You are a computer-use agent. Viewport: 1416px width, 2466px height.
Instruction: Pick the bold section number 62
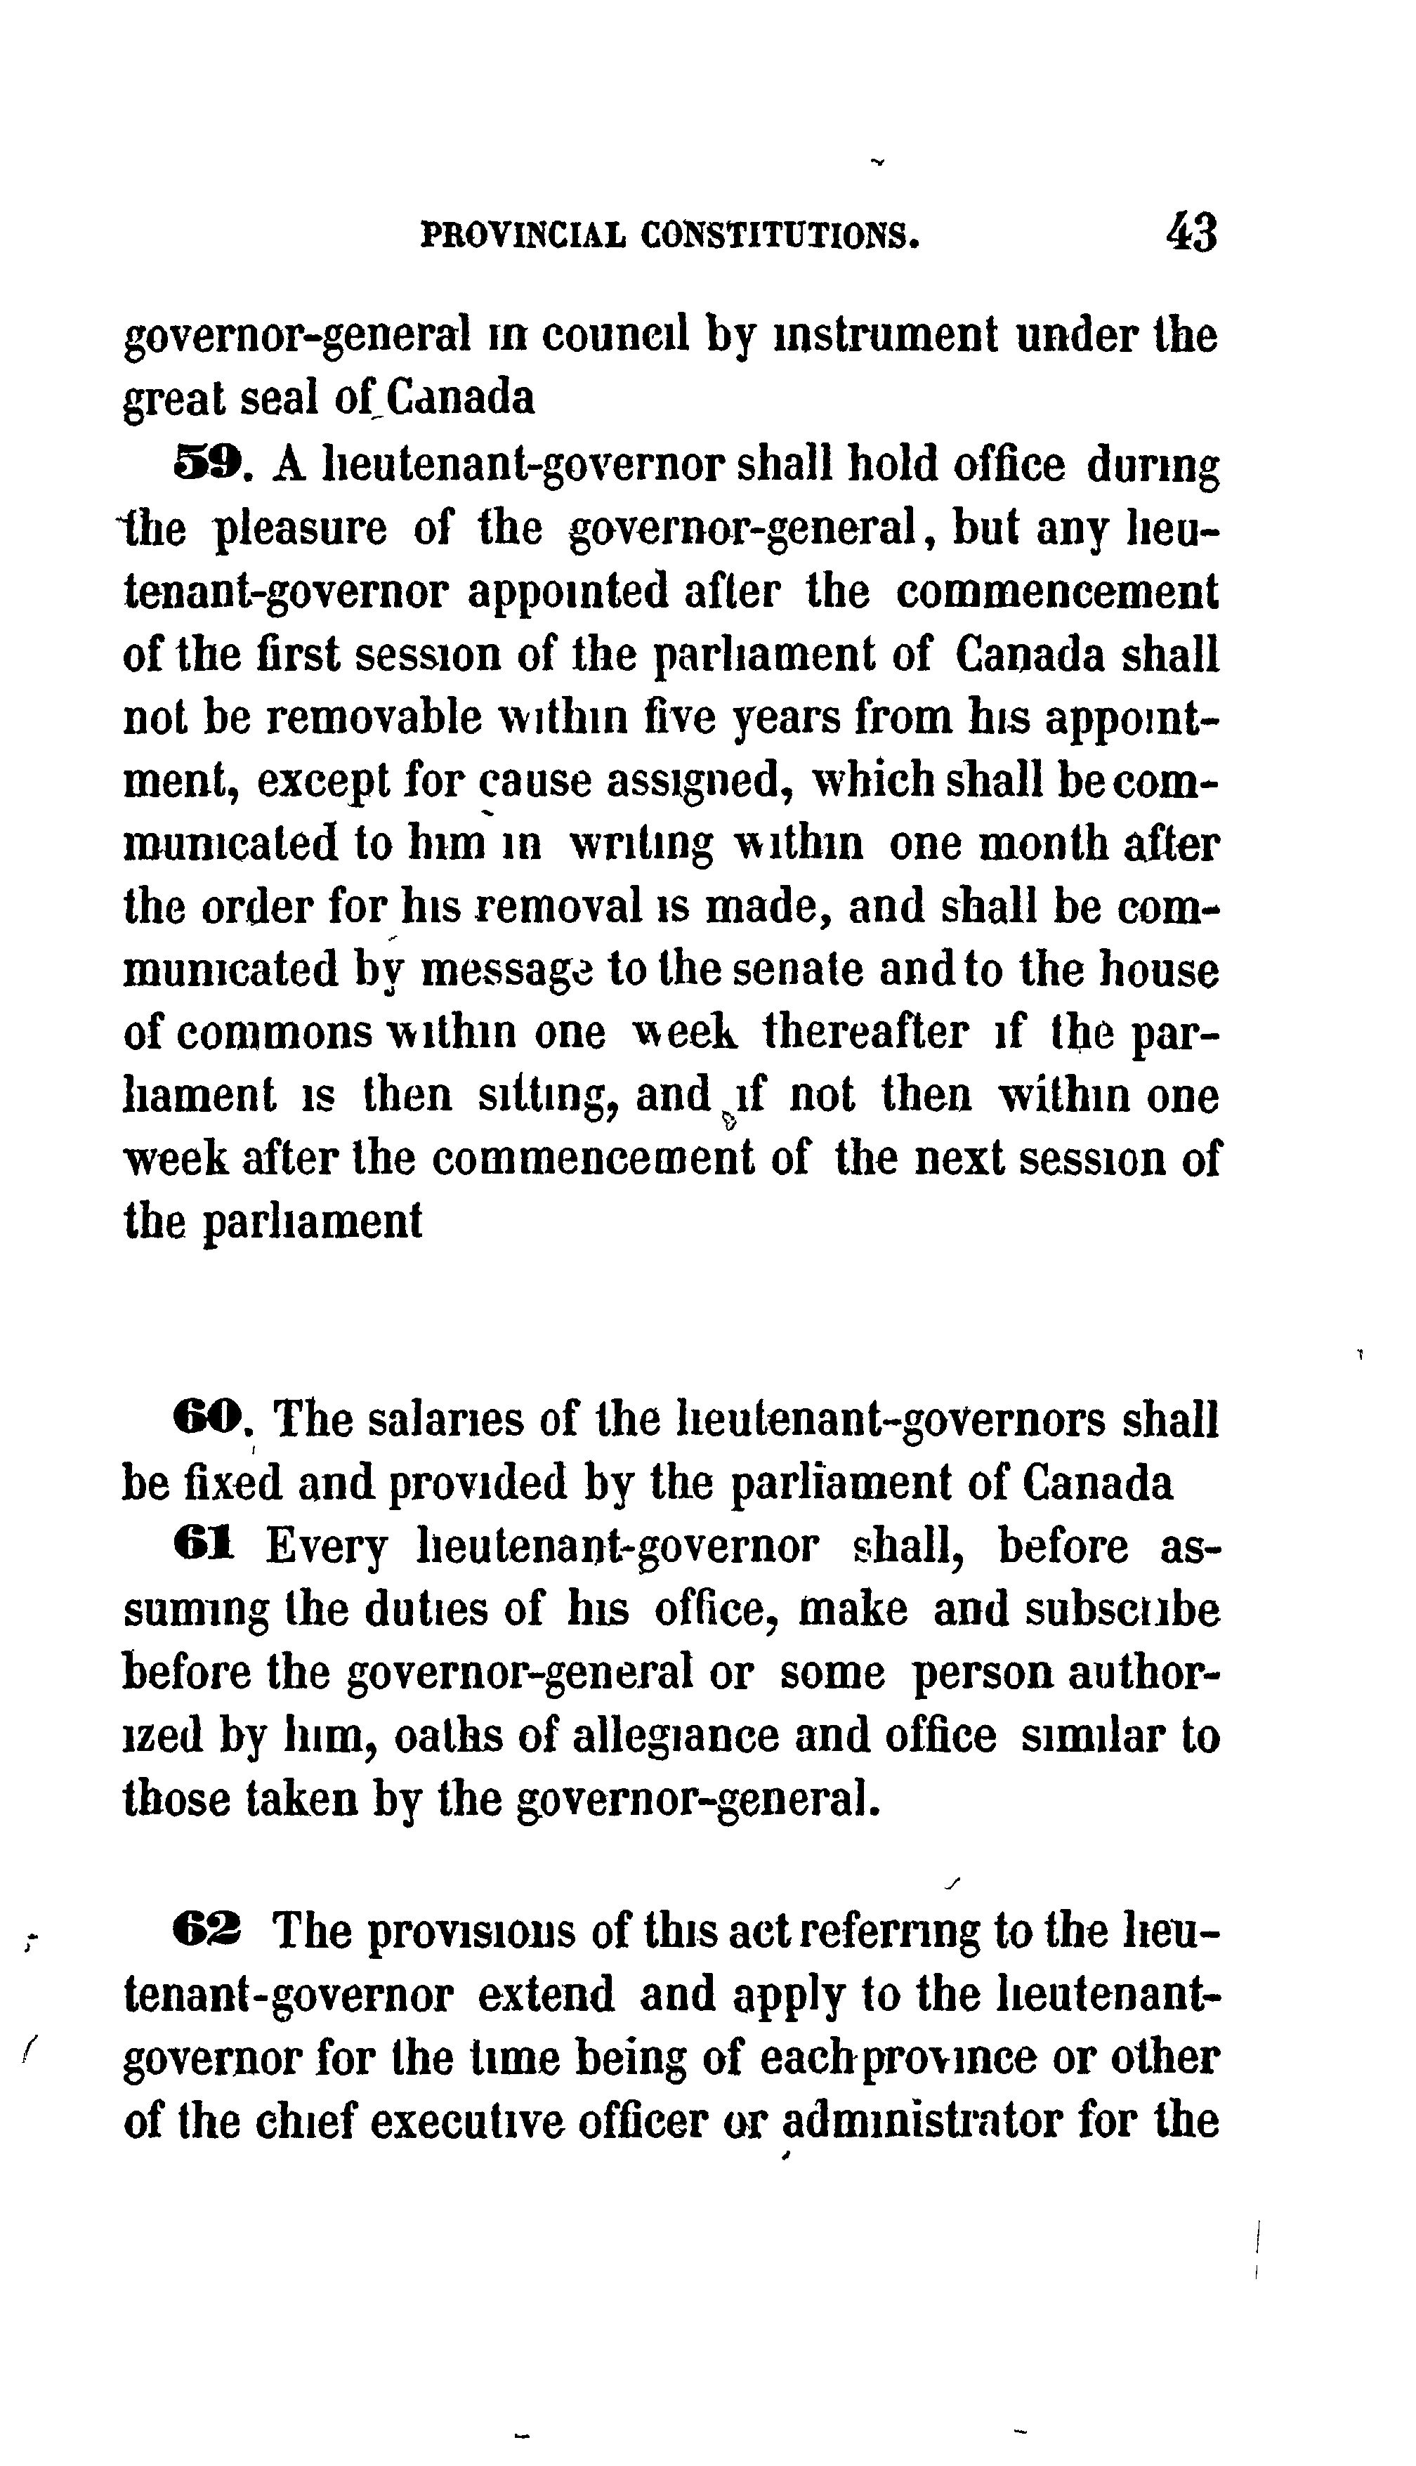point(208,1932)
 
